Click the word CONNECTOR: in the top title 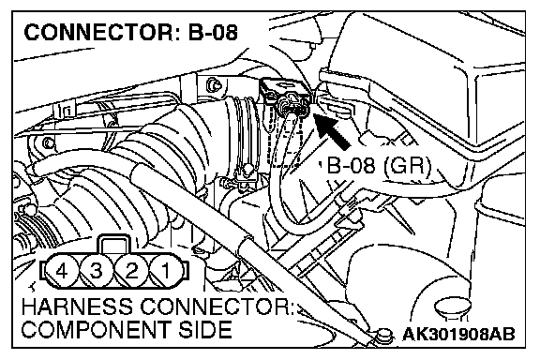pyautogui.click(x=98, y=33)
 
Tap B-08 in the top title pyautogui.click(x=213, y=33)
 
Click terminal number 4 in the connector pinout pyautogui.click(x=62, y=271)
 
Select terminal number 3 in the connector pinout pyautogui.click(x=97, y=271)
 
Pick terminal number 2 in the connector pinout pyautogui.click(x=131, y=271)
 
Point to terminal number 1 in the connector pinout pyautogui.click(x=166, y=271)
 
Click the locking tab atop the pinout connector pyautogui.click(x=114, y=244)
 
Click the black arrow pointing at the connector pyautogui.click(x=332, y=130)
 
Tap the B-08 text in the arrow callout pyautogui.click(x=351, y=165)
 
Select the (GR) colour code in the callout pyautogui.click(x=406, y=166)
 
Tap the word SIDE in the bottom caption pyautogui.click(x=205, y=329)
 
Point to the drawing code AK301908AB pyautogui.click(x=458, y=334)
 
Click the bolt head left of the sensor pyautogui.click(x=214, y=85)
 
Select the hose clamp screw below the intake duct pyautogui.click(x=247, y=171)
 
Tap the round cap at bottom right pyautogui.click(x=453, y=307)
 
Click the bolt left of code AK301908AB pyautogui.click(x=384, y=335)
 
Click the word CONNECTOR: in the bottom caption pyautogui.click(x=217, y=307)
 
